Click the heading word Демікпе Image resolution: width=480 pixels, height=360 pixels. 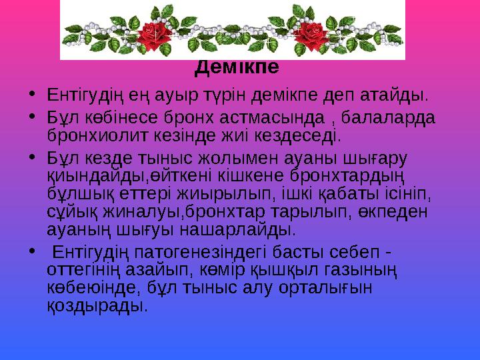coord(238,68)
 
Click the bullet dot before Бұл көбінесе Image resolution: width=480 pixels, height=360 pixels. coord(32,117)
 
